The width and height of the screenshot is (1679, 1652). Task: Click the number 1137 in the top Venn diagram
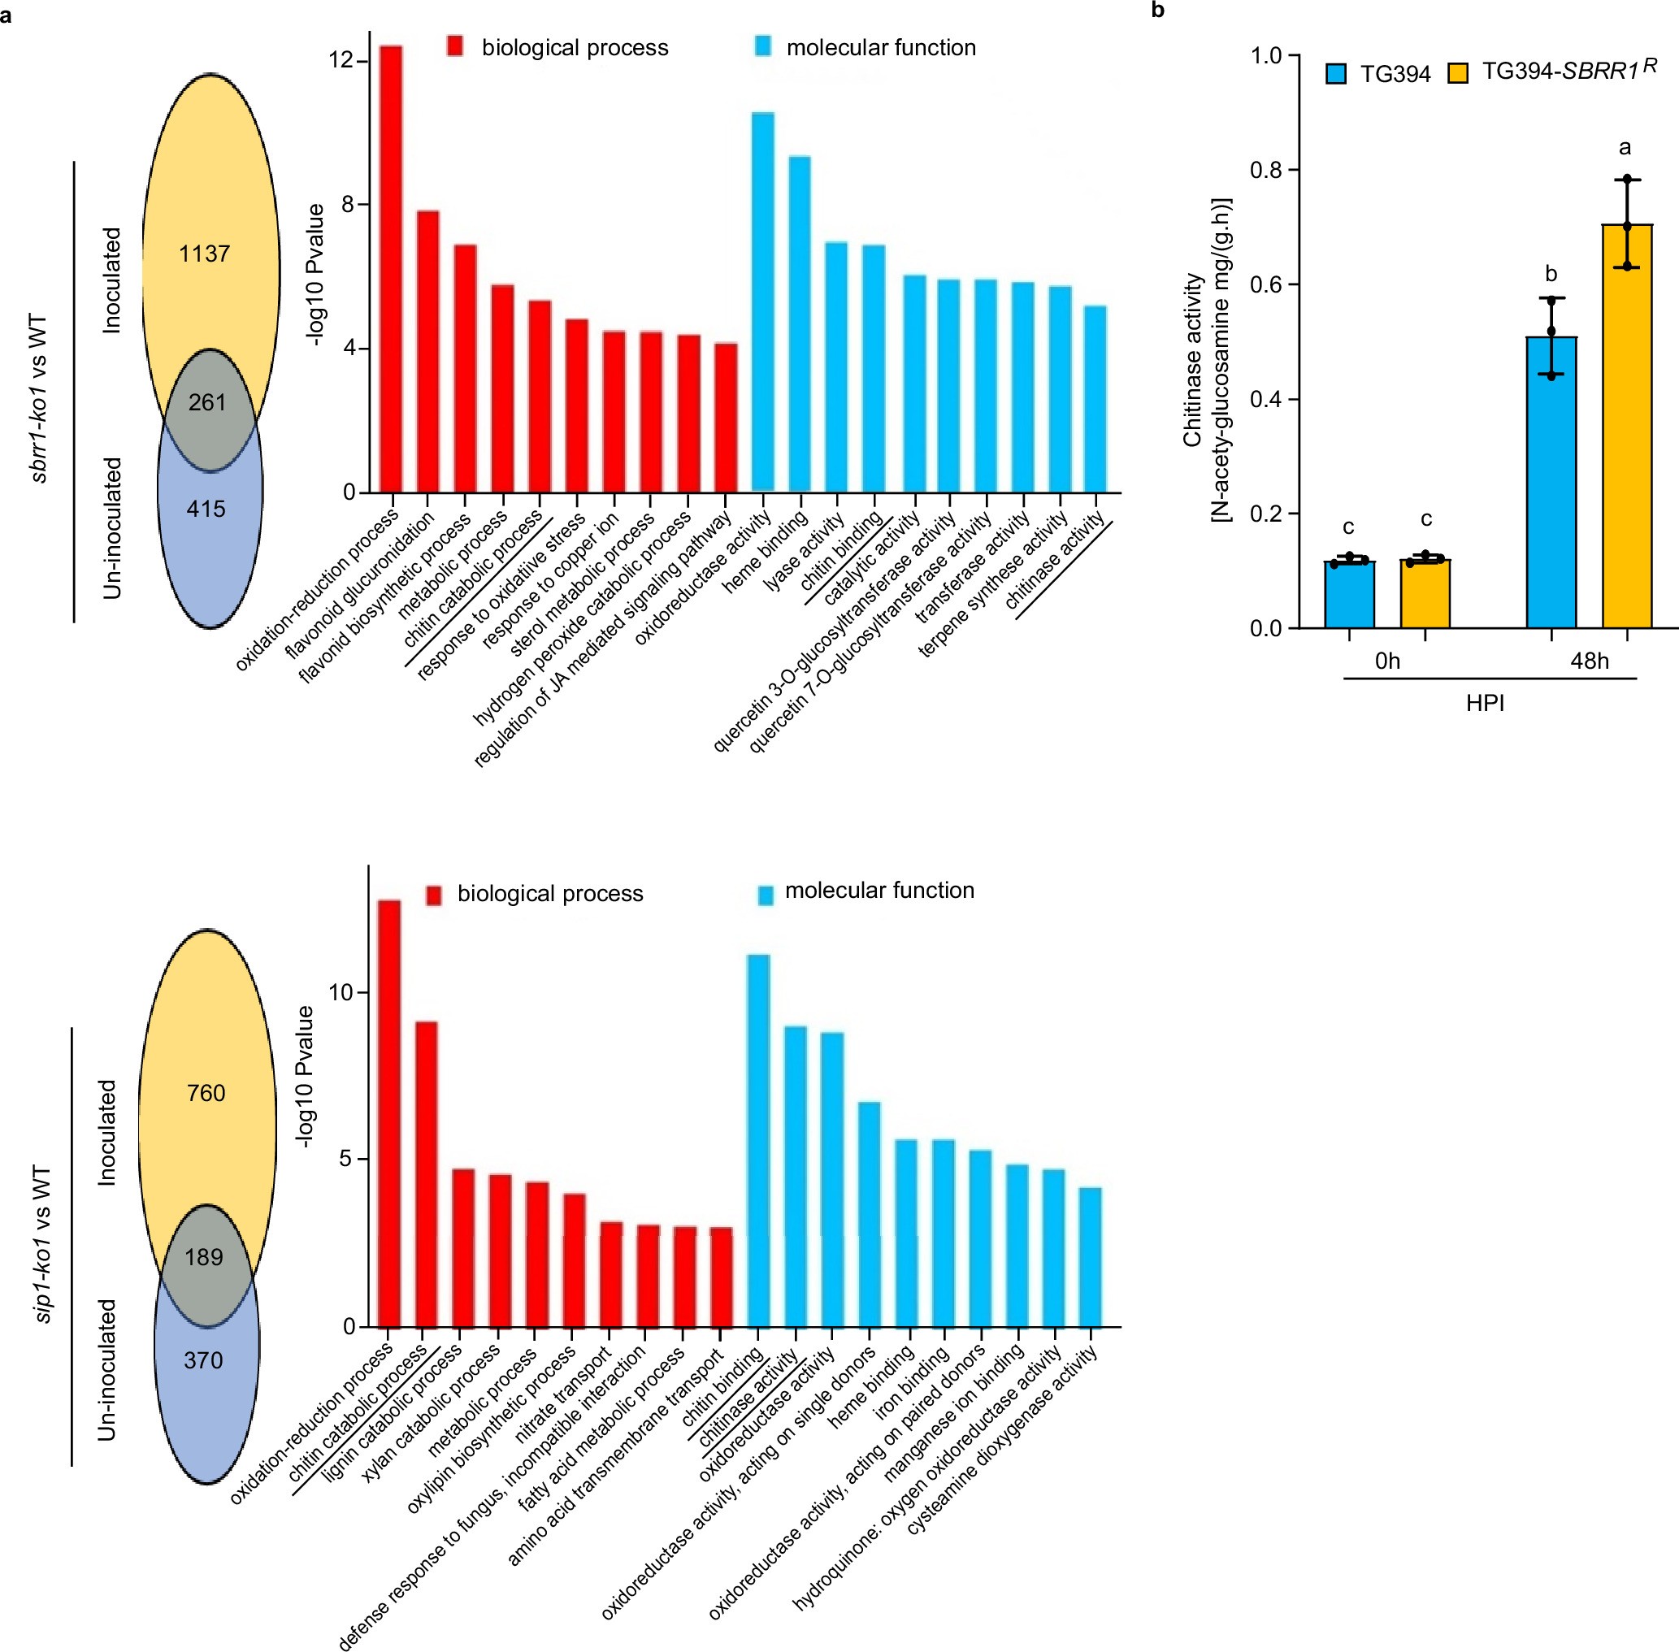[205, 254]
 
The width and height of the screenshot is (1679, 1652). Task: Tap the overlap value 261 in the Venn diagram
[207, 402]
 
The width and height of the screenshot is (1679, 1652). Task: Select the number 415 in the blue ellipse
[206, 509]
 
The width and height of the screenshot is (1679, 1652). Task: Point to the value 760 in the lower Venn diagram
[206, 1093]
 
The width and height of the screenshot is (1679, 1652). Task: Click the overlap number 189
[204, 1257]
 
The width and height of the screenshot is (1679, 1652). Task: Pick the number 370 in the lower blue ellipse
[203, 1360]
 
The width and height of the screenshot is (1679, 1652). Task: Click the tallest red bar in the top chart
[390, 269]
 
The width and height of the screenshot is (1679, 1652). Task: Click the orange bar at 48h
[1627, 425]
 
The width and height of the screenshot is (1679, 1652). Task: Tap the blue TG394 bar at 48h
[1551, 482]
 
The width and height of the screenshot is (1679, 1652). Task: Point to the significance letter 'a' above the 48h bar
[1625, 148]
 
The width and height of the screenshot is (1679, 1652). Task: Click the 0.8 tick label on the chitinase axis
[1265, 170]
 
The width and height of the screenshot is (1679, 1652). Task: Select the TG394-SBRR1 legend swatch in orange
[1459, 73]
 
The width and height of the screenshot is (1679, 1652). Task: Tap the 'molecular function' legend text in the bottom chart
[879, 891]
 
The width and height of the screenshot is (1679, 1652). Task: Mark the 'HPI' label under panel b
[1485, 703]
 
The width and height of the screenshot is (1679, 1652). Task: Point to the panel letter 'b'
[1158, 11]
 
